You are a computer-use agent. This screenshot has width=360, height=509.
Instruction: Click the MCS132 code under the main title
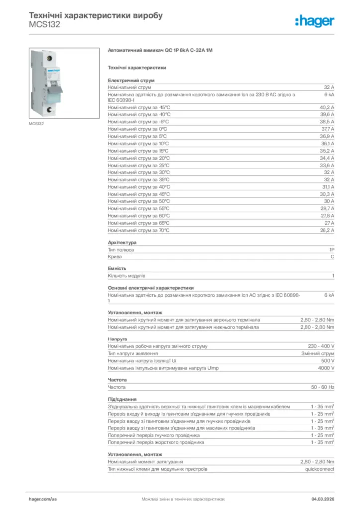[45, 25]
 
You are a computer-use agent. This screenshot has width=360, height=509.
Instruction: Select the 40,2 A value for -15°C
[327, 107]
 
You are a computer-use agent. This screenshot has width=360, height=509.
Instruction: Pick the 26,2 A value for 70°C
[327, 231]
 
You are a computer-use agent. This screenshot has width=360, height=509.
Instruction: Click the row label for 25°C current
[139, 165]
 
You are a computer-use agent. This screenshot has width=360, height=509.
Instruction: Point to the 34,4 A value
[327, 158]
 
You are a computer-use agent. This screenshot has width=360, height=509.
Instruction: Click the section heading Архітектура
[122, 243]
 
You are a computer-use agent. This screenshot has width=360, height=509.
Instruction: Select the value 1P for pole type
[331, 250]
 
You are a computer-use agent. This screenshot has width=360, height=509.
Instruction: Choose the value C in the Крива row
[332, 257]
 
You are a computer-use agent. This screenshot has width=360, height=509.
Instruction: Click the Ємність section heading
[117, 268]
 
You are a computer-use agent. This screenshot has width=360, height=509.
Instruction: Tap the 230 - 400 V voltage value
[321, 346]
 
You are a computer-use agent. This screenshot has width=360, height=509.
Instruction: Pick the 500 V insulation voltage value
[328, 361]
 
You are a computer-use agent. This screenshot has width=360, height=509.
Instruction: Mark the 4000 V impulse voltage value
[326, 368]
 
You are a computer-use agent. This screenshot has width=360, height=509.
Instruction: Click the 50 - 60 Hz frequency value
[323, 387]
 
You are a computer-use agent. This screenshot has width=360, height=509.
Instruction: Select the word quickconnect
[319, 469]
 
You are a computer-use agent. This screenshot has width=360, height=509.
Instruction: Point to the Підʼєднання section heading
[122, 399]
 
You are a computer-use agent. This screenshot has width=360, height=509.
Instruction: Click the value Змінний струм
[318, 354]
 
